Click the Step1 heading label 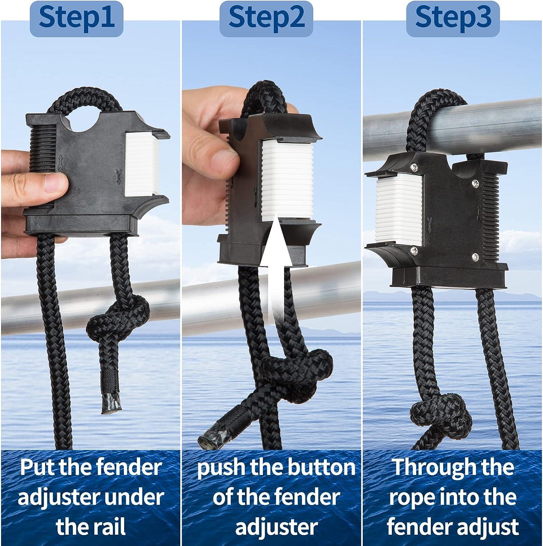pos(76,17)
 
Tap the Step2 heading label pos(266,17)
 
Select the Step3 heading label pos(453,17)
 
